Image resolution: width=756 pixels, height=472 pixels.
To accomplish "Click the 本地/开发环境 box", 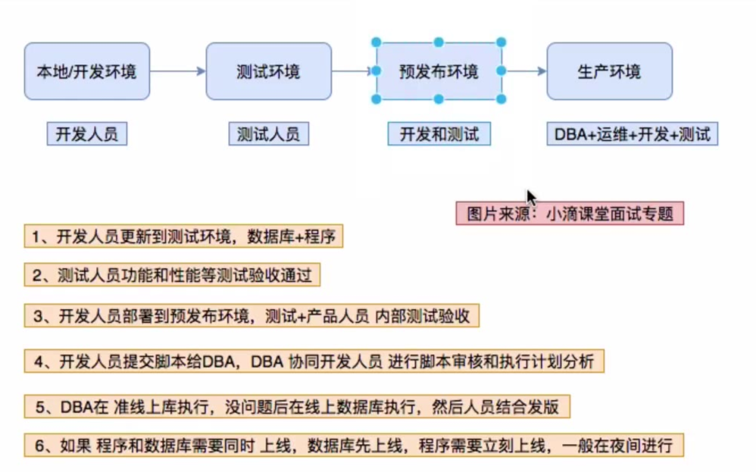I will click(86, 71).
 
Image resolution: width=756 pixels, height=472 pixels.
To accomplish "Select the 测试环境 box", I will click(268, 71).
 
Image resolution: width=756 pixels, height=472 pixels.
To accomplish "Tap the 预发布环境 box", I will click(439, 71).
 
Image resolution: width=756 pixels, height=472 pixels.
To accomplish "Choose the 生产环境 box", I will click(609, 71).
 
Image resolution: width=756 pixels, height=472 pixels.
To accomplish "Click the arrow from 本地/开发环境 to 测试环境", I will click(177, 71).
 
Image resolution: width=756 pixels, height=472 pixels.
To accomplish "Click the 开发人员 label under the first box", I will click(86, 135).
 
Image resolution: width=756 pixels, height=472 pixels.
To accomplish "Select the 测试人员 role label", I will click(268, 135).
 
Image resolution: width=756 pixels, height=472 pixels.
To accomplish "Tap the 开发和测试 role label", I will click(439, 135).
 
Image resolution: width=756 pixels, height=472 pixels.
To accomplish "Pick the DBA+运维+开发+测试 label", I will click(632, 135).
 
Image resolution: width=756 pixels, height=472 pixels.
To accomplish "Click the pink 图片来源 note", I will click(570, 213).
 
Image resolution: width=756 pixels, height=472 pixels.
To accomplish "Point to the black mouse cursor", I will click(531, 197).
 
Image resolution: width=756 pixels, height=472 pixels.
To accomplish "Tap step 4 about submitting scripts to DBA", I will click(314, 361).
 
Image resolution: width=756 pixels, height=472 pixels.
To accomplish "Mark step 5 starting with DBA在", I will click(296, 406).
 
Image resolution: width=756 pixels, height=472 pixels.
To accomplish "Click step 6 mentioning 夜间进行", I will click(353, 444).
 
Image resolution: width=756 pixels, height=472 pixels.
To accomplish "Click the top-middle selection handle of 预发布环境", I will click(439, 42).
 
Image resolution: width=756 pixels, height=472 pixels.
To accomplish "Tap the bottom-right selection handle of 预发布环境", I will click(501, 99).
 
